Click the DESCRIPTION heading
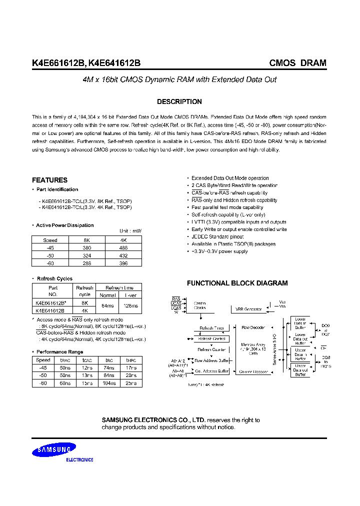pos(179,101)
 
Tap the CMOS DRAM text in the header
pos(297,63)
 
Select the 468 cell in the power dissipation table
pos(123,247)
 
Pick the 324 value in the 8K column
pos(86,255)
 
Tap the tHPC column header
pos(131,360)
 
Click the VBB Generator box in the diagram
pos(249,309)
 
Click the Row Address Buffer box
pos(211,360)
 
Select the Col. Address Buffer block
pos(211,371)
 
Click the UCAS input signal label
pos(176,303)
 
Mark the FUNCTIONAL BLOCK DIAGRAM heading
pos(237,283)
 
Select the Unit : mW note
pos(130,231)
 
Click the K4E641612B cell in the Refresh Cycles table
pos(53,310)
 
